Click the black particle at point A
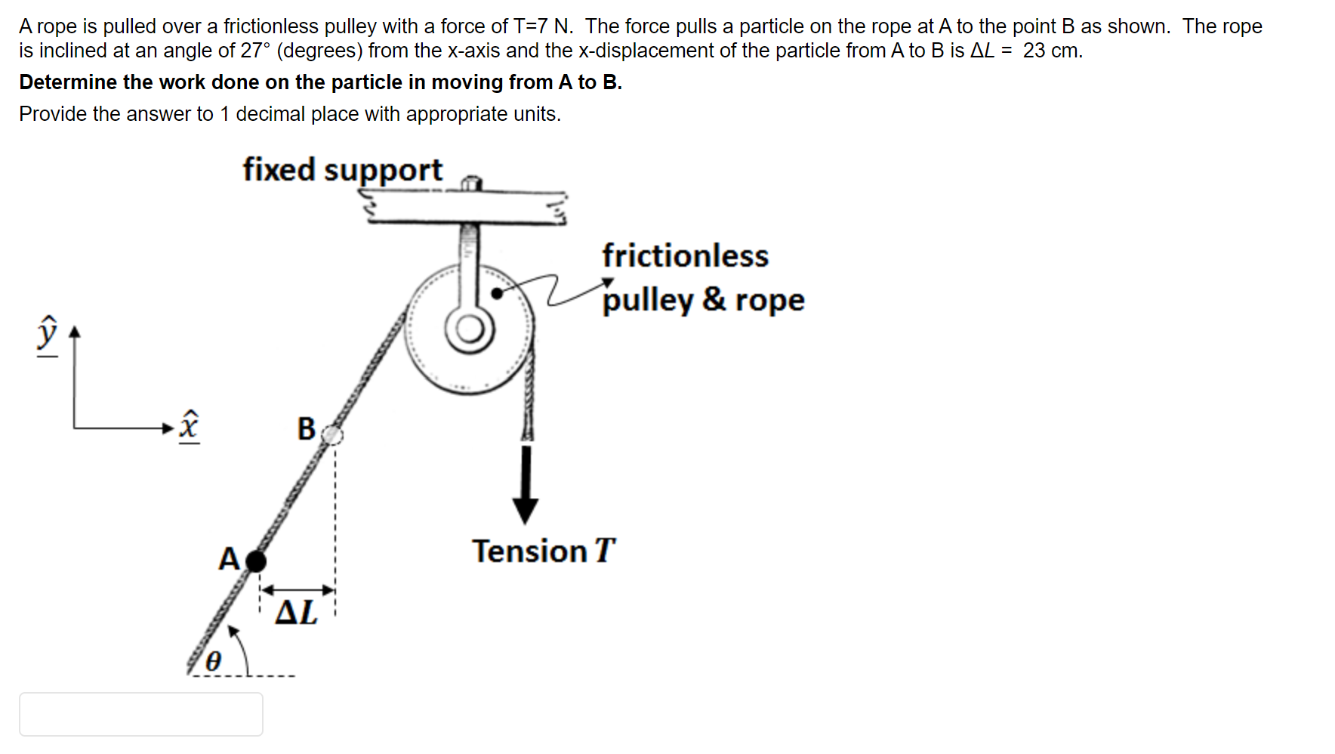point(256,561)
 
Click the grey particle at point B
point(332,434)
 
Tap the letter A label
point(229,559)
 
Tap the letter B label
point(306,428)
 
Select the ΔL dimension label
point(297,612)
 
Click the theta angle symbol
point(214,661)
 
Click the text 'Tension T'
point(543,551)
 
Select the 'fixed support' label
point(342,170)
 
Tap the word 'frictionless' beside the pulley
point(685,255)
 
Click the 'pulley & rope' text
point(703,300)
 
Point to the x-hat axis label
point(189,427)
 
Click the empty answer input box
point(141,714)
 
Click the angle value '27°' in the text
point(255,51)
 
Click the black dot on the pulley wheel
point(497,293)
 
